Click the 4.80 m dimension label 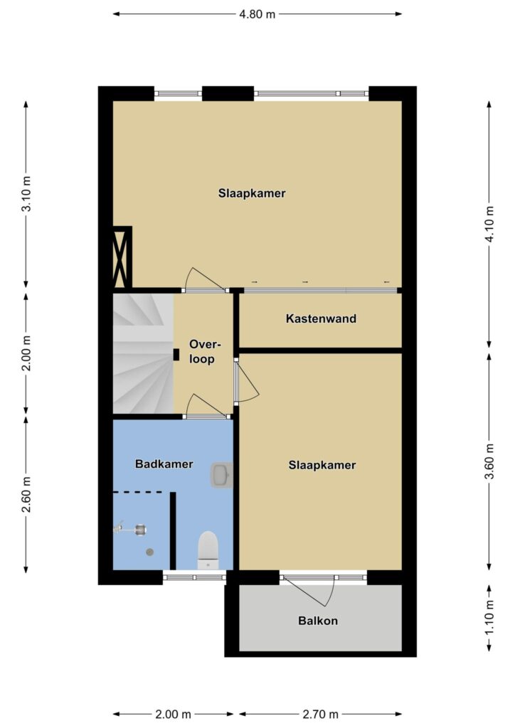click(x=257, y=14)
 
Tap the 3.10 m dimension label click(x=27, y=194)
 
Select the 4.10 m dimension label click(x=489, y=225)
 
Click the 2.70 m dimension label click(x=320, y=714)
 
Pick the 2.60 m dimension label click(x=27, y=494)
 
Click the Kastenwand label click(x=321, y=319)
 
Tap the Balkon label click(x=318, y=621)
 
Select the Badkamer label click(x=164, y=464)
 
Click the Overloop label click(x=204, y=351)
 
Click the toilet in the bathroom click(x=208, y=550)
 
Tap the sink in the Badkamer click(x=221, y=474)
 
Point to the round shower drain click(x=149, y=552)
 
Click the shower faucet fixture click(x=131, y=529)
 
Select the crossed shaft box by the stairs click(x=122, y=257)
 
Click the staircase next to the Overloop click(x=143, y=353)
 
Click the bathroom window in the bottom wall click(x=194, y=577)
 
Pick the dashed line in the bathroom click(x=137, y=492)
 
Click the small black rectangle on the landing click(x=176, y=355)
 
